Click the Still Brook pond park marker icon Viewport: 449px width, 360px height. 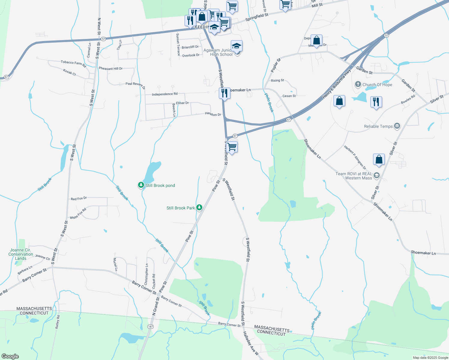click(141, 185)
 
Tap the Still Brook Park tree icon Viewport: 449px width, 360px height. click(199, 208)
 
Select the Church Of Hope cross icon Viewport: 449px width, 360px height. click(358, 84)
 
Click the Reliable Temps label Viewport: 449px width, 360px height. click(378, 126)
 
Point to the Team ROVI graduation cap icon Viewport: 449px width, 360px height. click(377, 175)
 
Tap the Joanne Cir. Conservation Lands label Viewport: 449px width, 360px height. click(20, 254)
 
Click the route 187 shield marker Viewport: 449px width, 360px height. click(150, 326)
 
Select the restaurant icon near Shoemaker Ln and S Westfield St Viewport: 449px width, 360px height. click(224, 93)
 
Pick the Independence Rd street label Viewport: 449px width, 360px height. click(164, 94)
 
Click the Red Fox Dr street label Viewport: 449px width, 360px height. click(79, 199)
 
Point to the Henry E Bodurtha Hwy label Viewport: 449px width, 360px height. click(336, 84)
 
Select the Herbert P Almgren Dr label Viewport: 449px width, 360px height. click(355, 157)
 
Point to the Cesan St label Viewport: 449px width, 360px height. click(289, 96)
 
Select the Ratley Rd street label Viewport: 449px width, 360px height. click(57, 322)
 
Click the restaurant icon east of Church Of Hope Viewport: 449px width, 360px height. click(376, 102)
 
